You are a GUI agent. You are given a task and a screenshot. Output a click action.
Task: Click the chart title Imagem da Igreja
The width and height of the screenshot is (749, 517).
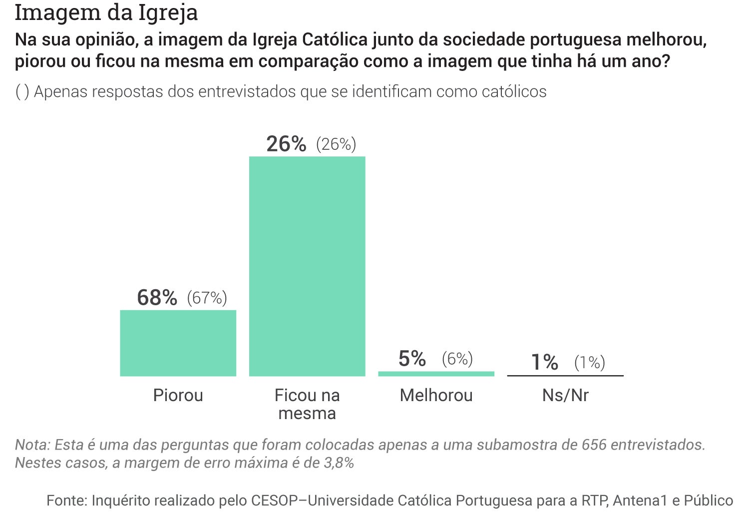106,12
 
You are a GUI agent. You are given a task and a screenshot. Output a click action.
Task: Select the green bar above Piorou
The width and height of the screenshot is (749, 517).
178,343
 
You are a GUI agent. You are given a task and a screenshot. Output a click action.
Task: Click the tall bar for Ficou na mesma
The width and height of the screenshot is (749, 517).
307,266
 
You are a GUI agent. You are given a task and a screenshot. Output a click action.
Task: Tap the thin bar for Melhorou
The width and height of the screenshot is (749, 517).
436,374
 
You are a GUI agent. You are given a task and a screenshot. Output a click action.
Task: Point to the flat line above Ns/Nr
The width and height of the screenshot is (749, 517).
565,376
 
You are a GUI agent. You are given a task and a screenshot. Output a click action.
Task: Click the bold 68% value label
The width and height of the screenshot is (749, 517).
157,298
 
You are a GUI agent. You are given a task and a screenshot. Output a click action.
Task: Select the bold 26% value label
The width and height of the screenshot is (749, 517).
286,144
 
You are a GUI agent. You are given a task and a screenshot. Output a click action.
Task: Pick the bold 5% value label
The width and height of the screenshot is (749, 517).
412,359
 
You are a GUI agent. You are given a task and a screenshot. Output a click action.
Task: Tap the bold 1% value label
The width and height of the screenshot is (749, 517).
544,362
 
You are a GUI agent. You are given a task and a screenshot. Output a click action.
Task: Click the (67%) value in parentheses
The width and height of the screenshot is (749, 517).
207,298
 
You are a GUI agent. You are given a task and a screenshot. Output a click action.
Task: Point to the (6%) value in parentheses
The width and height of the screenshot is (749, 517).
457,359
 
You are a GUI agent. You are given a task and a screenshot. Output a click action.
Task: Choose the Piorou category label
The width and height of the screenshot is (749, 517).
178,395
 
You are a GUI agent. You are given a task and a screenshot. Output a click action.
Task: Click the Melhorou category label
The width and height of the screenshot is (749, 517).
436,395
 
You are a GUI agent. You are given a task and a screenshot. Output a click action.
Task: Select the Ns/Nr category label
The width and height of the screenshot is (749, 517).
565,395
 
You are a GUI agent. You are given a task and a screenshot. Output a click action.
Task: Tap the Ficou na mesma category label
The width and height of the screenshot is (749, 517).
307,404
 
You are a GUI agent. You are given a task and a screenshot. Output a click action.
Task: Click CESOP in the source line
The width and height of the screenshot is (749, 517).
274,501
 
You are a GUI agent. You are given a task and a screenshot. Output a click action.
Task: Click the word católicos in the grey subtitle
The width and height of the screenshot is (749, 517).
514,92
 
